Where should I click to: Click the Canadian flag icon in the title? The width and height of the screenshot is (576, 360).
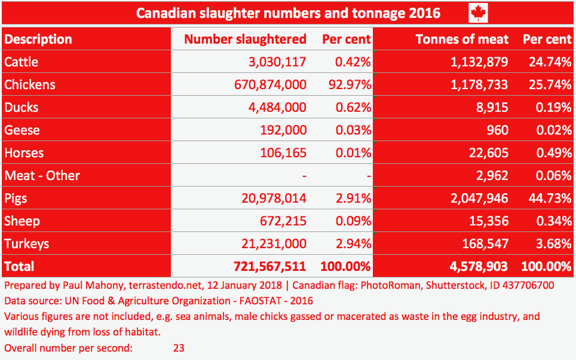coord(478,13)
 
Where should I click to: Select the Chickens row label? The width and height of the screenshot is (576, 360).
coord(30,85)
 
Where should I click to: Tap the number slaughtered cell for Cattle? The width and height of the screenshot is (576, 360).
coord(274,62)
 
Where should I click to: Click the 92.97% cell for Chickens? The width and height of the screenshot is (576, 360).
coord(347,85)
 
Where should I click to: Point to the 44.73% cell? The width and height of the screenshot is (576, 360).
coord(547,199)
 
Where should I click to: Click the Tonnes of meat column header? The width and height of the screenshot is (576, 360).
coord(462,39)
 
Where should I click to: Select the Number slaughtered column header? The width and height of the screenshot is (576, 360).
coord(245,39)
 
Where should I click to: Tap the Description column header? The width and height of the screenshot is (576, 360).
coord(38,39)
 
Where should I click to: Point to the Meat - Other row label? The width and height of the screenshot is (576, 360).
coord(42,176)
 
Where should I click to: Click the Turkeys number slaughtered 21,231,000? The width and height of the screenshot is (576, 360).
coord(274,244)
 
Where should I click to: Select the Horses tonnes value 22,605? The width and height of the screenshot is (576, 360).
coord(489,153)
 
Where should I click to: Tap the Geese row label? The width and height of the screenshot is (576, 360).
coord(22,130)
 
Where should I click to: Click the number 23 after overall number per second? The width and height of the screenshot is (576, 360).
coord(179,347)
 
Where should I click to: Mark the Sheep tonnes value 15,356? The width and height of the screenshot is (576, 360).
coord(489,221)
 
